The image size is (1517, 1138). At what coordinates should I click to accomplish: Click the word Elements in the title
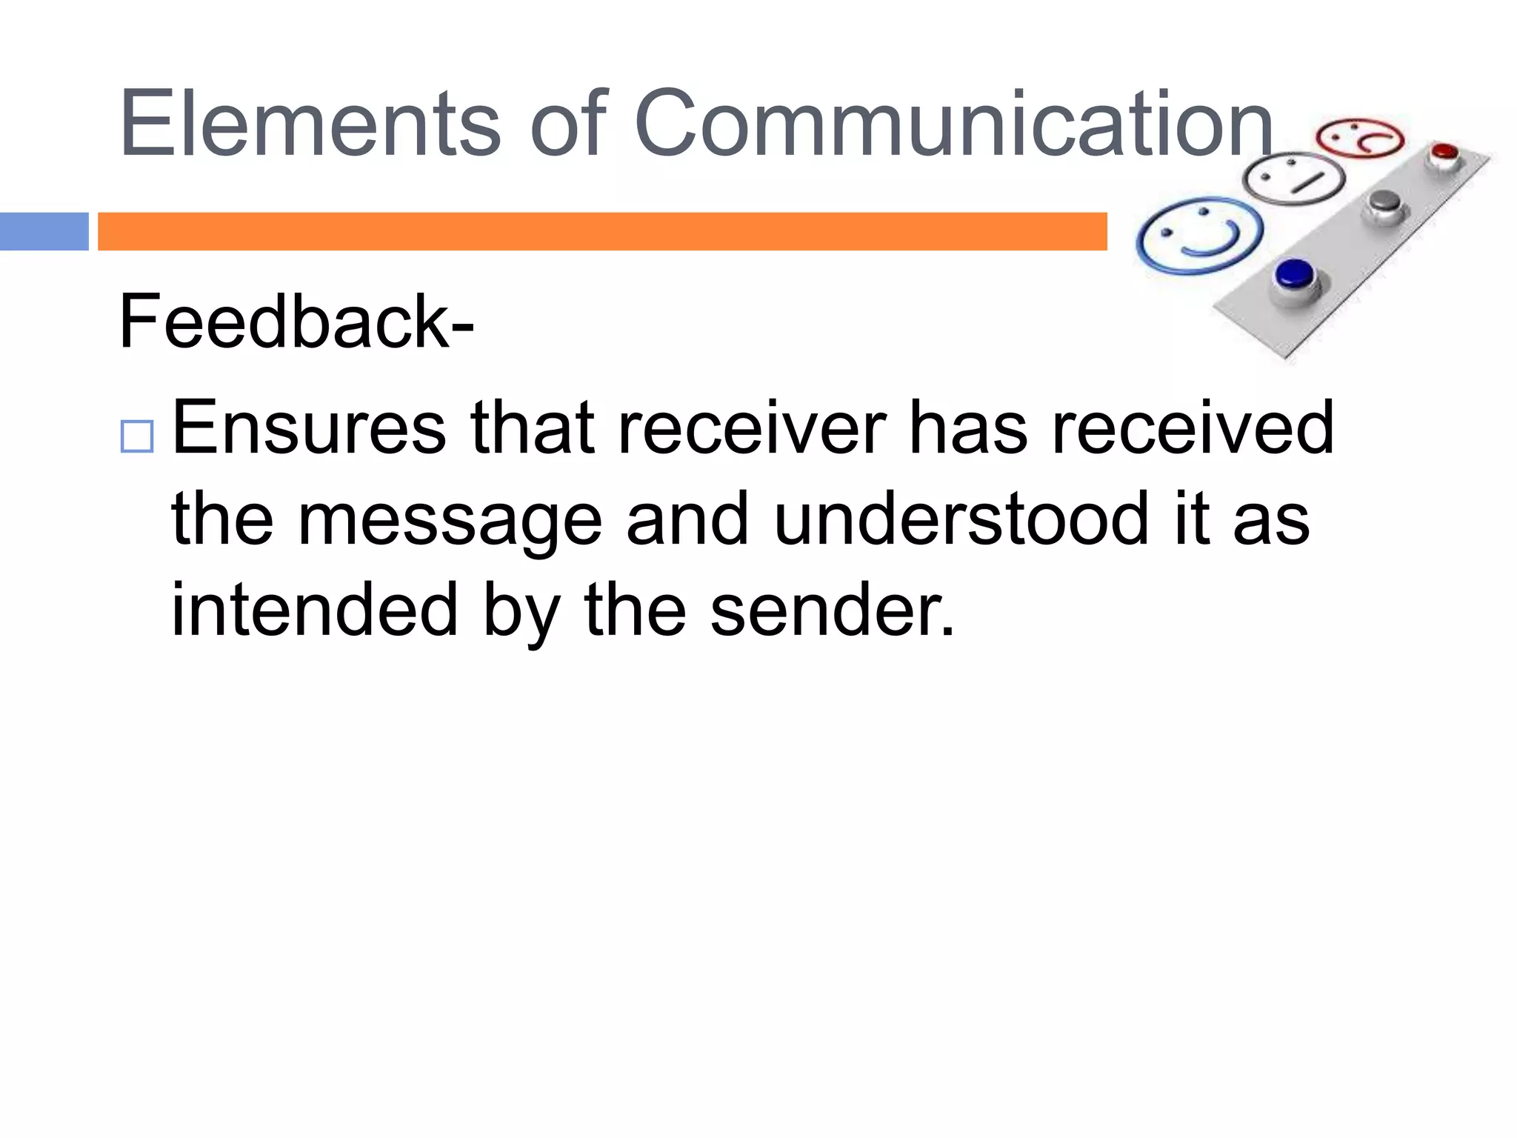click(310, 123)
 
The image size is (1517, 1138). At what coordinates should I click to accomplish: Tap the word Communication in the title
click(954, 123)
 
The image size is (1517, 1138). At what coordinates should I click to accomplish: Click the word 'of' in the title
click(568, 123)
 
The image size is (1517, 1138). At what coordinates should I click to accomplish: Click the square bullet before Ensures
click(136, 436)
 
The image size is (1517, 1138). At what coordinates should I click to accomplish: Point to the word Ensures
click(309, 427)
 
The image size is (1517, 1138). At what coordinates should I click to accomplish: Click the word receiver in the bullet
click(752, 427)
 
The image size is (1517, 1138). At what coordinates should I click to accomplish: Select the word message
click(450, 521)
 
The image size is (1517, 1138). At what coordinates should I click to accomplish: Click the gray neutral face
click(1293, 179)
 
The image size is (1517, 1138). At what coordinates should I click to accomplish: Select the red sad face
click(1360, 139)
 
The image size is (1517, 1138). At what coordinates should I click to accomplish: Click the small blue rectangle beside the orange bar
click(44, 231)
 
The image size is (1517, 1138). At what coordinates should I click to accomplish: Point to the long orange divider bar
click(602, 231)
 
